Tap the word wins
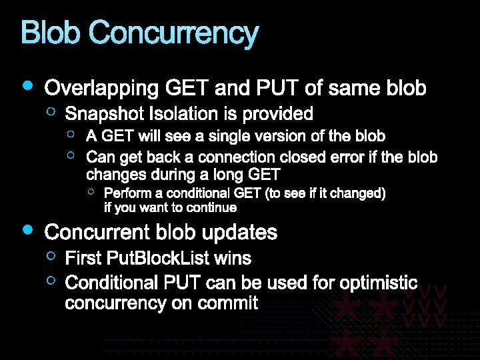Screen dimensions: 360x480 (237, 257)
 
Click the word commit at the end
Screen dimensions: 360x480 (233, 303)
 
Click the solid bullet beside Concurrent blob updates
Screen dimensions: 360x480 (27, 229)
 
